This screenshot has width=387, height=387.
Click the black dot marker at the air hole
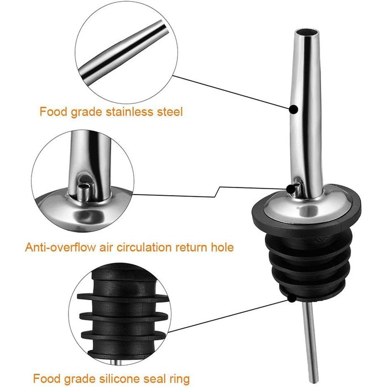(x=291, y=189)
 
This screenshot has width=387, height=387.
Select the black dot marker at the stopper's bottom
(x=292, y=298)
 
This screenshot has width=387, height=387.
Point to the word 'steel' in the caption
(x=170, y=112)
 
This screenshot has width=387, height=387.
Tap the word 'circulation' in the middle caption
(x=144, y=247)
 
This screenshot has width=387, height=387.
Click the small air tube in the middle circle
(x=83, y=191)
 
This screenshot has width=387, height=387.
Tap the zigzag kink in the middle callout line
(x=217, y=192)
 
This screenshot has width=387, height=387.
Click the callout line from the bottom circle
(x=228, y=316)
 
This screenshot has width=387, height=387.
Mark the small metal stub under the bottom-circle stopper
(x=116, y=362)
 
